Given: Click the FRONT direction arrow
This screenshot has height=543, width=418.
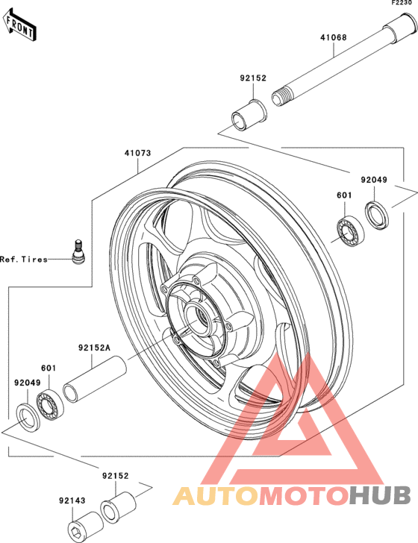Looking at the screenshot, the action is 20,25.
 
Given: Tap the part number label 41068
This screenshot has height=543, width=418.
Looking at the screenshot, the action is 333,37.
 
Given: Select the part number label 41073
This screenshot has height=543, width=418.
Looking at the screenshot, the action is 138,153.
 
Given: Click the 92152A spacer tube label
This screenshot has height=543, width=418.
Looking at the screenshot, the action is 94,348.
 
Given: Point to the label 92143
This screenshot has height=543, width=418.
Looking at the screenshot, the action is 72,500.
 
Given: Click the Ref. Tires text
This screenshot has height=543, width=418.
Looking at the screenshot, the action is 24,259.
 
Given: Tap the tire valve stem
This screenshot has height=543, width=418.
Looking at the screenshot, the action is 78,251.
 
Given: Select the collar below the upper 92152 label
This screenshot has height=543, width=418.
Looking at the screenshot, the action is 249,116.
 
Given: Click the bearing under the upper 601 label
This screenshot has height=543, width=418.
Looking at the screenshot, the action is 351,230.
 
